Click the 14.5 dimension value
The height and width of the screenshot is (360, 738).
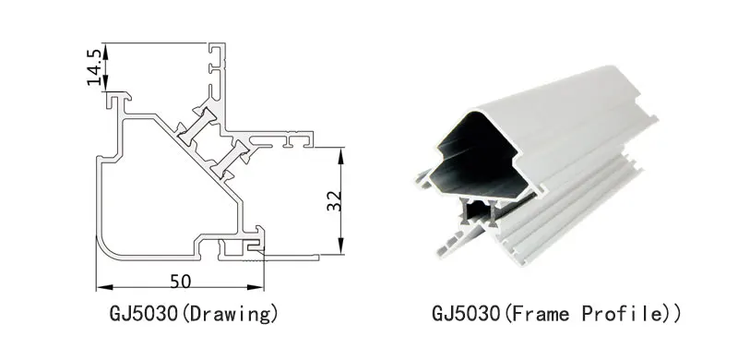point(95,66)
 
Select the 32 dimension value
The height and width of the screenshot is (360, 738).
point(334,200)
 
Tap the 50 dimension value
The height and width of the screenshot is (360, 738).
point(181,282)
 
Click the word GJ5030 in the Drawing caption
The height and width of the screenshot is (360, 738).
point(144,314)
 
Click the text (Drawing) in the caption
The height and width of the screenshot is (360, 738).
point(229,314)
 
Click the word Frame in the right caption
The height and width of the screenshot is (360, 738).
point(541,314)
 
